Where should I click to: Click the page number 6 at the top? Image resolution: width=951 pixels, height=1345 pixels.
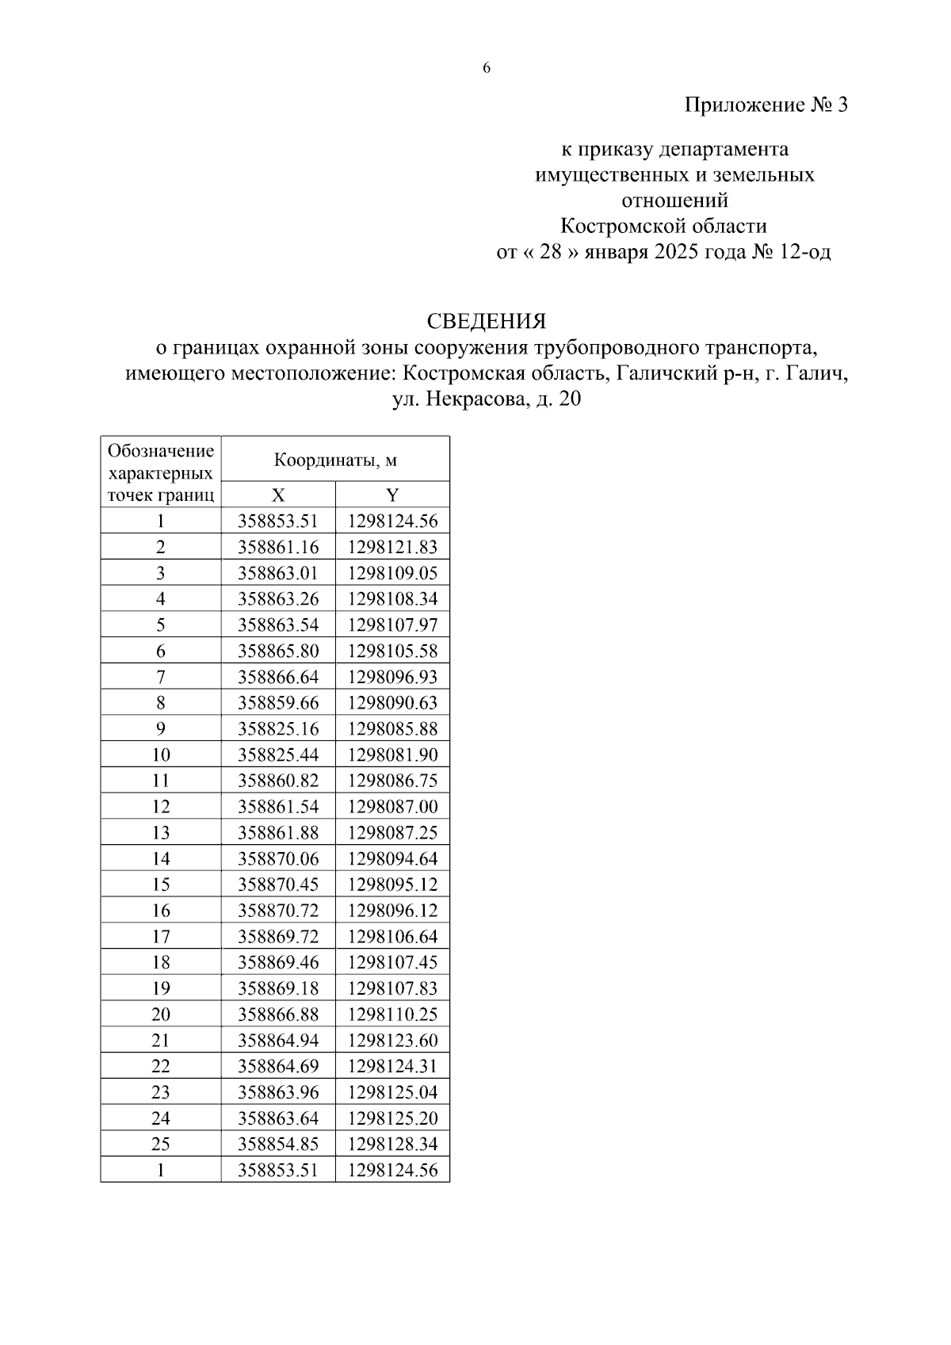(487, 68)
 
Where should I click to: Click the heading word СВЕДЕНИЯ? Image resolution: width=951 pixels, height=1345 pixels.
(486, 321)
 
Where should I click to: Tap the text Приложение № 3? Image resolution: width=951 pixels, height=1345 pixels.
(766, 105)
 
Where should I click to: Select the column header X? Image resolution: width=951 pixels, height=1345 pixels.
(278, 495)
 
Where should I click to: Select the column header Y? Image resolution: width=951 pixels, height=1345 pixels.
(392, 495)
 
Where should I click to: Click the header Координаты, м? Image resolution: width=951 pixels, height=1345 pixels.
(335, 460)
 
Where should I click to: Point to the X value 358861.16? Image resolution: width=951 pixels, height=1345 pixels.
(278, 547)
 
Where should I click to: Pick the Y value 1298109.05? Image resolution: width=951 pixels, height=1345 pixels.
(392, 573)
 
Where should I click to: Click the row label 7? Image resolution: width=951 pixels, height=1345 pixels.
(161, 677)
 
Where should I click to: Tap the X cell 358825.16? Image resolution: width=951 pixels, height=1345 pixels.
(278, 728)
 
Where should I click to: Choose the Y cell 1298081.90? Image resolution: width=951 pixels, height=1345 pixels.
(392, 755)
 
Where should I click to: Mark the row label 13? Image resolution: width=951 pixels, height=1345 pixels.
(161, 832)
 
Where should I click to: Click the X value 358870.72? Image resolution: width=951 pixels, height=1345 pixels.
(278, 910)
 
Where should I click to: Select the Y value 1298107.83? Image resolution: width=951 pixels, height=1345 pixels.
(392, 988)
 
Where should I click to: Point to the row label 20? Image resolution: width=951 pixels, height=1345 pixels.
(161, 1014)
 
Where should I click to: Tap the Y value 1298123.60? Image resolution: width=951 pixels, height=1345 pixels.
(392, 1040)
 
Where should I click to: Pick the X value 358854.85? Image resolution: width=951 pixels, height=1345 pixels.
(278, 1144)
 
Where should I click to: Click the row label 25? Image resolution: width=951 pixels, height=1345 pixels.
(161, 1144)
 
